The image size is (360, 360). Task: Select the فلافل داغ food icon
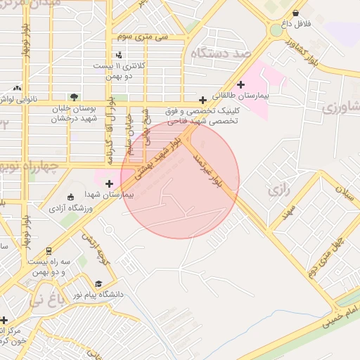[295, 13]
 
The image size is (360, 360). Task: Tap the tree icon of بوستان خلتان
[74, 97]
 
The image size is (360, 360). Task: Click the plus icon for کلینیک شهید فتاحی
[202, 101]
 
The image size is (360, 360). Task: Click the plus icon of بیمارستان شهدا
[108, 184]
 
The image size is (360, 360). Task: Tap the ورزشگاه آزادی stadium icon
[70, 198]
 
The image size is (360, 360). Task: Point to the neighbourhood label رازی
[275, 191]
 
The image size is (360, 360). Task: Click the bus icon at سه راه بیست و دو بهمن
[48, 250]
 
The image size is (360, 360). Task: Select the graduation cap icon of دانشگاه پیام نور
[98, 284]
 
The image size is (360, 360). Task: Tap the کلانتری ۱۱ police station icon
[119, 54]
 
